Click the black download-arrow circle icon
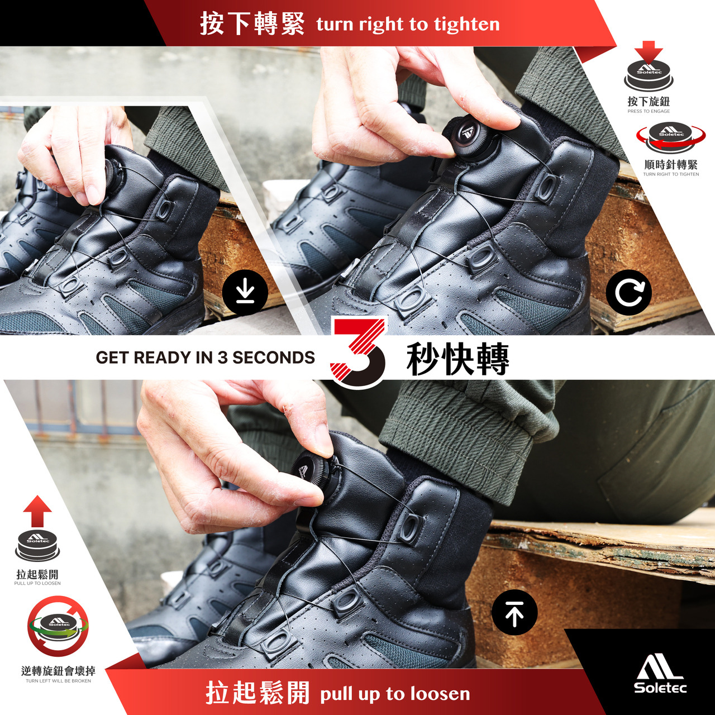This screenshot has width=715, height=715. tap(245, 294)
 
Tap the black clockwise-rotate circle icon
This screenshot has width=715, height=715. tap(628, 293)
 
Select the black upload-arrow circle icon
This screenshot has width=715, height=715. tap(514, 613)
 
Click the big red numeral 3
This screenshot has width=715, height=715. tap(359, 352)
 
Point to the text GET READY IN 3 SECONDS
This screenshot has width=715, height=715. tap(205, 357)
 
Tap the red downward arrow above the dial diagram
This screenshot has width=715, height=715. tap(649, 52)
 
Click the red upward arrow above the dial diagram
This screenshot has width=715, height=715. tap(37, 511)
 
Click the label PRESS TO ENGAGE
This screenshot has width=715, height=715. tap(649, 111)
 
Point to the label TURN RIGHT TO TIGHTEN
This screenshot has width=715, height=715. tap(671, 174)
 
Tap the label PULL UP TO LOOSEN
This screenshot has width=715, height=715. tap(37, 584)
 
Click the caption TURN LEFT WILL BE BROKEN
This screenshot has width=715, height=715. tap(58, 681)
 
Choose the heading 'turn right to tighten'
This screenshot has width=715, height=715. tap(408, 25)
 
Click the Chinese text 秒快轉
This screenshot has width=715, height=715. tap(458, 359)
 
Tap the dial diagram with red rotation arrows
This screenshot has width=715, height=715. tap(671, 137)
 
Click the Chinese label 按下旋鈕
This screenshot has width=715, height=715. tap(649, 101)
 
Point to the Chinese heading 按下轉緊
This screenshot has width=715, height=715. tap(252, 23)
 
